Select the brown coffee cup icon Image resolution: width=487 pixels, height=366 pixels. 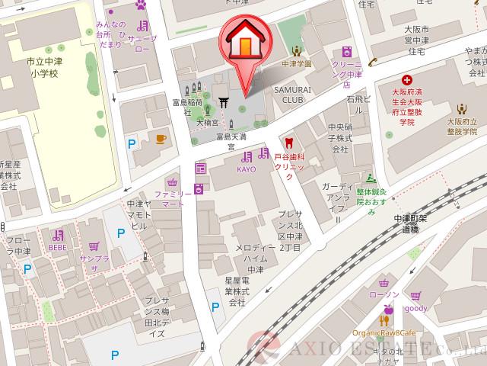pyautogui.click(x=161, y=138)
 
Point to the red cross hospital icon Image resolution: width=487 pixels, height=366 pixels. pyautogui.click(x=407, y=79)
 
